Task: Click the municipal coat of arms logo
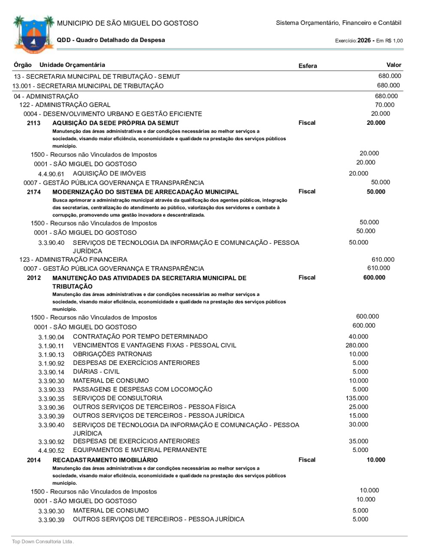tap(33, 34)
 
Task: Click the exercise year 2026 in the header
tap(364, 40)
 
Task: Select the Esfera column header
tap(308, 66)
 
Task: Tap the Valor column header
tap(393, 65)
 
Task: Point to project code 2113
tap(33, 123)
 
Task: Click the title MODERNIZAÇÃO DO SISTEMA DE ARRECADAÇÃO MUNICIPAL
tap(145, 192)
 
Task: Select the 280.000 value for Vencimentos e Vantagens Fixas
tap(356, 345)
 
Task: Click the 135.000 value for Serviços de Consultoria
tap(356, 398)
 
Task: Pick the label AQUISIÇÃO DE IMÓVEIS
tap(109, 173)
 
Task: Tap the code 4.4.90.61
tap(51, 174)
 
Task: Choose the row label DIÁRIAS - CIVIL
tap(96, 371)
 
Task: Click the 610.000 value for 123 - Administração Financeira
tap(383, 259)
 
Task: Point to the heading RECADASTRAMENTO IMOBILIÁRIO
tap(105, 460)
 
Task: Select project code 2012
tap(33, 278)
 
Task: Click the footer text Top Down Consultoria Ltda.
tap(43, 542)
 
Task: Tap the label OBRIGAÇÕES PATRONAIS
tap(112, 354)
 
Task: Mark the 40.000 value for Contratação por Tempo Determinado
tap(358, 337)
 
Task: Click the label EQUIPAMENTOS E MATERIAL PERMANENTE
tap(140, 450)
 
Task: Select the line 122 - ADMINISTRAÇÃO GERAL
tap(65, 105)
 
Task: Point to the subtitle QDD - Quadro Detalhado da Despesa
tap(111, 40)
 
